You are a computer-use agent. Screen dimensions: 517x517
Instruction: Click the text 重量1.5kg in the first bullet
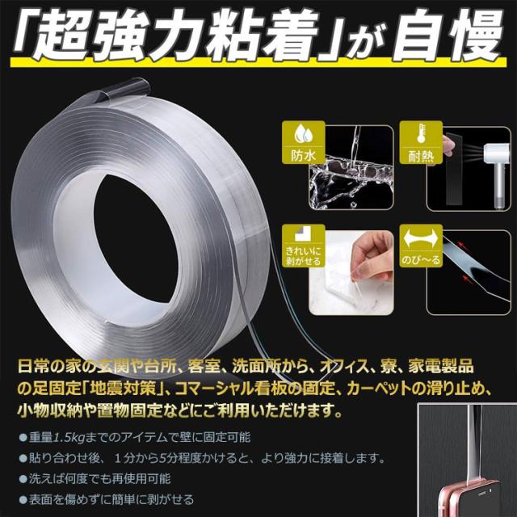click(57, 437)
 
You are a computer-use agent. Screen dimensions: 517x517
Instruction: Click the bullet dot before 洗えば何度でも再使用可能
click(23, 479)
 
